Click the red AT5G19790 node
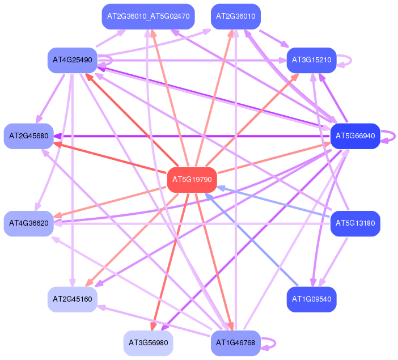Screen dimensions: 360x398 tap(193, 180)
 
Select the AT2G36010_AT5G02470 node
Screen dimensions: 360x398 tap(148, 16)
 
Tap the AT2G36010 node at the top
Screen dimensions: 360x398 tap(235, 16)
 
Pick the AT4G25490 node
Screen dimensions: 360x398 tap(72, 60)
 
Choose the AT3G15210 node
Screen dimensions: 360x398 tap(312, 60)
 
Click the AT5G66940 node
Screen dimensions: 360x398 tap(355, 136)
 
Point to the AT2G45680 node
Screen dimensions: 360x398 tap(28, 136)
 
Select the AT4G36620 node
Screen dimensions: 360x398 tap(28, 223)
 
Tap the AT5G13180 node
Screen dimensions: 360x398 tap(355, 223)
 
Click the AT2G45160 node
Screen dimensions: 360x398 tap(72, 299)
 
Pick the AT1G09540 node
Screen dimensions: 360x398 tap(312, 299)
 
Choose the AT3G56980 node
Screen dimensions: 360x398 tap(148, 343)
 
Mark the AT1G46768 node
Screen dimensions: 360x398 tap(235, 343)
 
